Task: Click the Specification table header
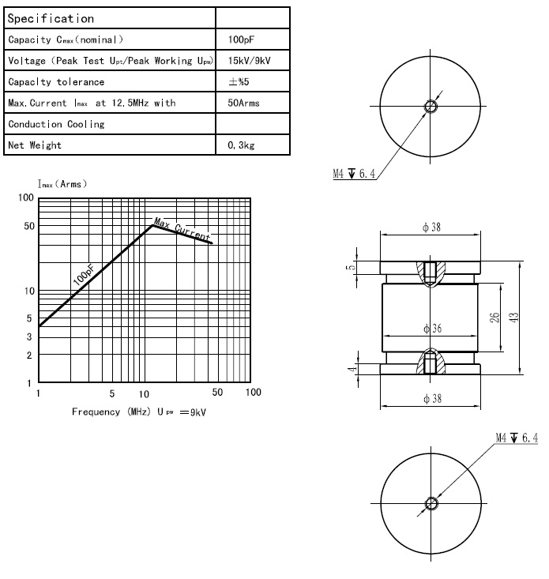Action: (x=51, y=18)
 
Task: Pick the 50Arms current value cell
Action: (x=243, y=103)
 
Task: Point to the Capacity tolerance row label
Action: (x=56, y=82)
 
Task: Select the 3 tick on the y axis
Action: (x=28, y=337)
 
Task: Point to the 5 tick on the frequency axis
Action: (x=112, y=393)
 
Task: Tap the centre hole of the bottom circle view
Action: (x=431, y=503)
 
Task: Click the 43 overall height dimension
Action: (x=514, y=317)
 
